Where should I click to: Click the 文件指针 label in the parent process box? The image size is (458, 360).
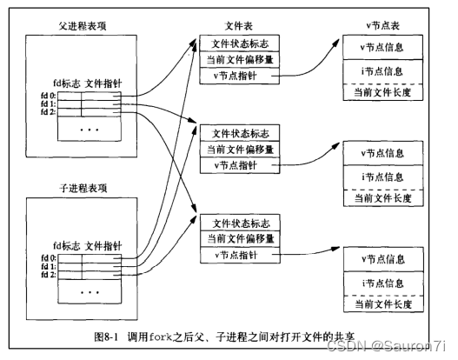(x=103, y=84)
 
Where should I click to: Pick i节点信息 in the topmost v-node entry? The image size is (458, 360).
(x=382, y=68)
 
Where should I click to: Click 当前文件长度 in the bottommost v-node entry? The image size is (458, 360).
(x=382, y=303)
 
